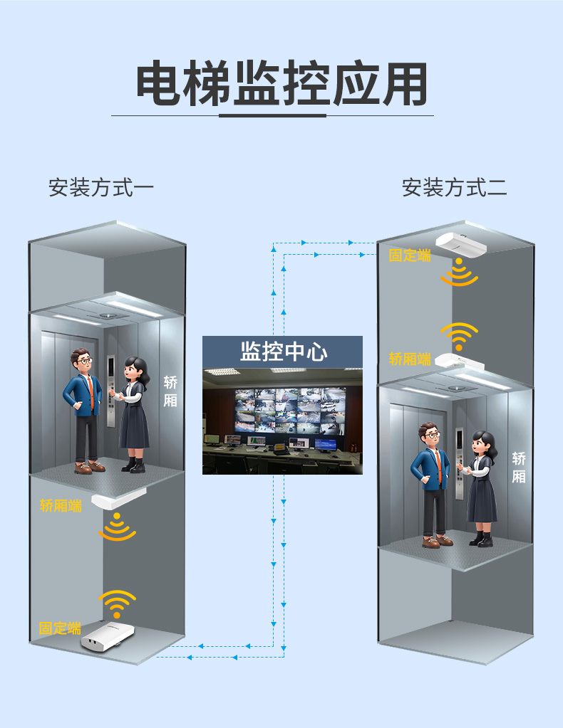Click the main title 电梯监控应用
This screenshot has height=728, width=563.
tap(281, 84)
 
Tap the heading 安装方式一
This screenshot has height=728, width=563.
tap(101, 188)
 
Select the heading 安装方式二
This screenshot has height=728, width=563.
tap(454, 188)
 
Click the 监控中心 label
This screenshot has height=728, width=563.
tap(284, 352)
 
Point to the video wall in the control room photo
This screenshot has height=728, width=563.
tap(290, 410)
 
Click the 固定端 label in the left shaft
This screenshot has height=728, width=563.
tap(60, 628)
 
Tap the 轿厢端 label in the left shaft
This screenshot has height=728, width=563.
tap(61, 505)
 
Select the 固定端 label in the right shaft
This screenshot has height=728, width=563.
tap(410, 255)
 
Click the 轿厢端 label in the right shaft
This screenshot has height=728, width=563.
tap(410, 359)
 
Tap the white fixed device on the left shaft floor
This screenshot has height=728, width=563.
tap(108, 635)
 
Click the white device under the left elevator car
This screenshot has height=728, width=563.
tap(118, 499)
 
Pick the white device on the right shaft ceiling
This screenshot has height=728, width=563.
tap(460, 244)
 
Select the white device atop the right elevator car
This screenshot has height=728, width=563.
tap(460, 361)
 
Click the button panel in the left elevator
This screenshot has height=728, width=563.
tap(111, 391)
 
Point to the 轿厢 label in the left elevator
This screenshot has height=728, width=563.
tap(170, 391)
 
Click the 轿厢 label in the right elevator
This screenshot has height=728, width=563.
tap(519, 468)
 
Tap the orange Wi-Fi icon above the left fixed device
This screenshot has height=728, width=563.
tap(117, 604)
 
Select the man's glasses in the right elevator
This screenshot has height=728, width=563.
tap(433, 435)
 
